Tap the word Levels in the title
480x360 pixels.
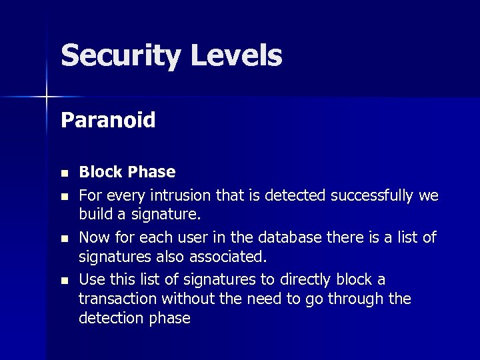pos(236,55)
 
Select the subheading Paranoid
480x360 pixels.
pos(108,120)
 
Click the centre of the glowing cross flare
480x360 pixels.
pos(47,97)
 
